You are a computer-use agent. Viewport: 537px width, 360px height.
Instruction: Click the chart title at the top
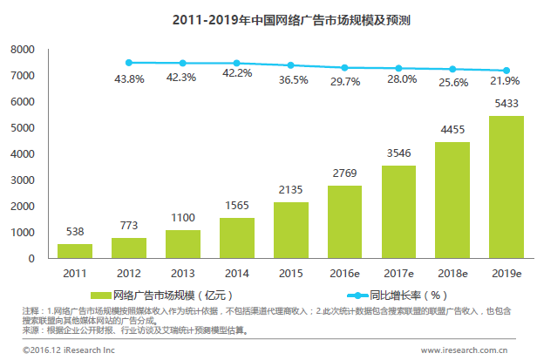point(268,18)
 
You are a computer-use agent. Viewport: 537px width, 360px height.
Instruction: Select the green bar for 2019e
point(506,187)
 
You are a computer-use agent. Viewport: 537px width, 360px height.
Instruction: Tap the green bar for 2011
point(75,250)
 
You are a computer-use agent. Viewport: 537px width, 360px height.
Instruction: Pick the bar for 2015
point(290,230)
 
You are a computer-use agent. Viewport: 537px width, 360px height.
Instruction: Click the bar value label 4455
point(452,131)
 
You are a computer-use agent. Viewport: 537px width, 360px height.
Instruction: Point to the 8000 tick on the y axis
point(22,50)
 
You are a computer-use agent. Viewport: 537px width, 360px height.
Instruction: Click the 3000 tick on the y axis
point(22,180)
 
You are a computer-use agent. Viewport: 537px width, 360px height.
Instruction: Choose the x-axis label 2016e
point(344,274)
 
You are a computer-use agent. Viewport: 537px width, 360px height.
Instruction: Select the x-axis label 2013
point(182,274)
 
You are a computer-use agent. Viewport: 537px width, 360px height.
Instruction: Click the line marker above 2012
point(129,63)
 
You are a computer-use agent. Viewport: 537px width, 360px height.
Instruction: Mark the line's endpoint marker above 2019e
point(506,71)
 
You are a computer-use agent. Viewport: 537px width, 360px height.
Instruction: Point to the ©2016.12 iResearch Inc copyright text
point(58,350)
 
